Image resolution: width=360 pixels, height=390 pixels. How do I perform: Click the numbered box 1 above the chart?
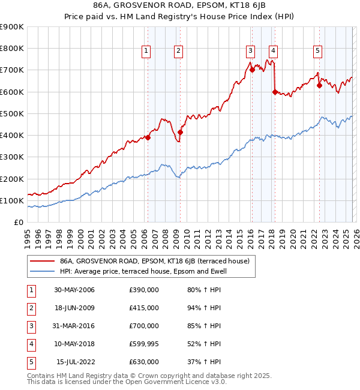point(146,51)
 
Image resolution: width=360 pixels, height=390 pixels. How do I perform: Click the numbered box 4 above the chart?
point(273,51)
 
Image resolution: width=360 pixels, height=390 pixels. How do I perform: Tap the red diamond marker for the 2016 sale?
point(252,70)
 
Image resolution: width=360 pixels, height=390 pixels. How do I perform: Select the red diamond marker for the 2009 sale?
point(180,132)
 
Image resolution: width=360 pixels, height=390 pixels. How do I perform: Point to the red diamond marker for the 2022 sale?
point(319,85)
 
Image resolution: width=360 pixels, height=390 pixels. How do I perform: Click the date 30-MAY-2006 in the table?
point(74,290)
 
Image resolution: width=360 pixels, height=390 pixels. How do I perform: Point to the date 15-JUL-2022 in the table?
point(76,362)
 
